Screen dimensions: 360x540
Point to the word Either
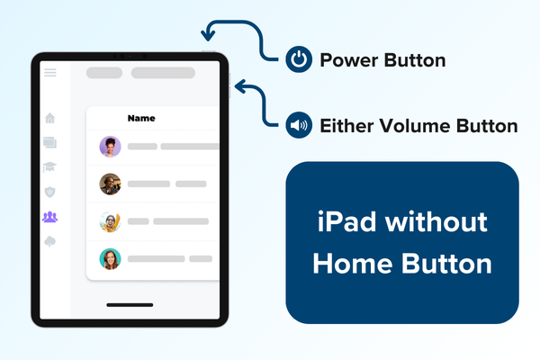345,126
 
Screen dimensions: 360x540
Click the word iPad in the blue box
341,221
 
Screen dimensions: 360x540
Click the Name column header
141,118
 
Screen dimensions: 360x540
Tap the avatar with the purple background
111,147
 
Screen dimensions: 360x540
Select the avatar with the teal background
111,259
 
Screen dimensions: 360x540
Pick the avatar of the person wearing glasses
111,221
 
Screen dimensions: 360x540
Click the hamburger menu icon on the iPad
49,72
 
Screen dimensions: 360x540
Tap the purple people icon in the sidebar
49,217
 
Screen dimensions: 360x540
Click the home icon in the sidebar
49,118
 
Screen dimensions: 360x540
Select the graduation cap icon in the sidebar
49,166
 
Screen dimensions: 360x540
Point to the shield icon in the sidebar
49,192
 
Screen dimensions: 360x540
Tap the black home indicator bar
129,305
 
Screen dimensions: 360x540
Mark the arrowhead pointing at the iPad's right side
238,86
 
